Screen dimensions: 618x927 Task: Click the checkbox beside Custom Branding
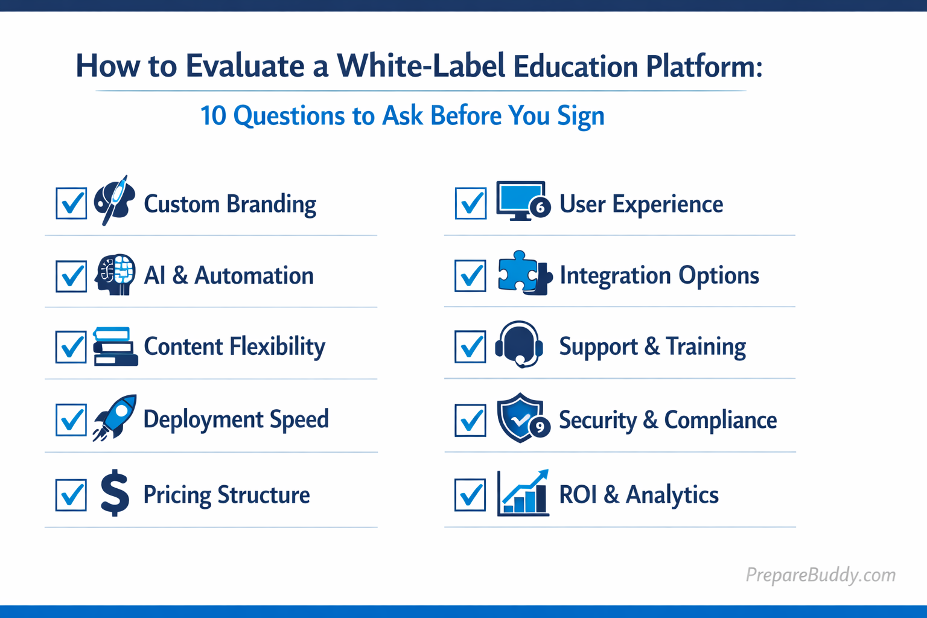pyautogui.click(x=71, y=203)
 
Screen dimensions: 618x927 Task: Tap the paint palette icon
pyautogui.click(x=115, y=200)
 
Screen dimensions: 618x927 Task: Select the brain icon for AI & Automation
pyautogui.click(x=115, y=275)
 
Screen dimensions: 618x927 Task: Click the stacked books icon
pyautogui.click(x=115, y=347)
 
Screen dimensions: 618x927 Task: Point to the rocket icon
pyautogui.click(x=115, y=417)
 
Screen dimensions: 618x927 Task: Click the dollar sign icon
pyautogui.click(x=115, y=493)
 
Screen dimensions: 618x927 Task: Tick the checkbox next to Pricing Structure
pyautogui.click(x=71, y=495)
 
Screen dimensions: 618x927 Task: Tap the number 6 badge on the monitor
pyautogui.click(x=540, y=208)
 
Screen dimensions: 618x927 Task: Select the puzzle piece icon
pyautogui.click(x=523, y=273)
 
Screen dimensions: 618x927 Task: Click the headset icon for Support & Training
pyautogui.click(x=519, y=344)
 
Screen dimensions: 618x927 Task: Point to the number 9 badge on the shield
pyautogui.click(x=540, y=427)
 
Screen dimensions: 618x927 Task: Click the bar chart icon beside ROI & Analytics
pyautogui.click(x=523, y=494)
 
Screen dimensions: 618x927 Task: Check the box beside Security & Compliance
pyautogui.click(x=471, y=420)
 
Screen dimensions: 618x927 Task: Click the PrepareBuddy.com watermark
pyautogui.click(x=820, y=575)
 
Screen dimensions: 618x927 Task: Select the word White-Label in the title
pyautogui.click(x=421, y=66)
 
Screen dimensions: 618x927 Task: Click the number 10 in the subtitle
pyautogui.click(x=213, y=116)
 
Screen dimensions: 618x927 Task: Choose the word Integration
pyautogui.click(x=615, y=275)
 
